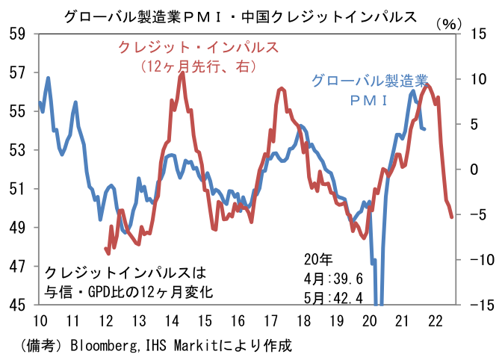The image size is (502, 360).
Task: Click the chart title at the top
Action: (x=240, y=16)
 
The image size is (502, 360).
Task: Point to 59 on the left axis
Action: (x=17, y=34)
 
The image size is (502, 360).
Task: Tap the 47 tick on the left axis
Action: (x=17, y=266)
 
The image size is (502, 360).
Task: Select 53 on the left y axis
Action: (x=17, y=150)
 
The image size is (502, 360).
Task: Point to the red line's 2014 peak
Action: (x=182, y=73)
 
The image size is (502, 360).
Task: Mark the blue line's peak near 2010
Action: (x=48, y=78)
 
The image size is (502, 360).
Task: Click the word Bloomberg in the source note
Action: (x=102, y=346)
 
